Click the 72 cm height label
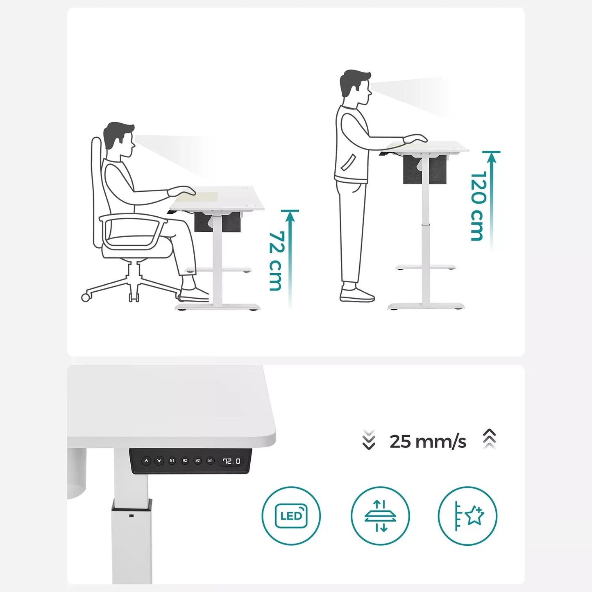[275, 261]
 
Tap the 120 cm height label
[478, 206]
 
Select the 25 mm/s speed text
[428, 442]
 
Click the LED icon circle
[291, 515]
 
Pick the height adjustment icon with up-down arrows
[380, 515]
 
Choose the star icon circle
[467, 515]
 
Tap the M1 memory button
[172, 461]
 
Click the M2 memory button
[185, 461]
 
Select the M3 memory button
[197, 461]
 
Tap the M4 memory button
[210, 461]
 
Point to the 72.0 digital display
[231, 461]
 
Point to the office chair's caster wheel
[86, 297]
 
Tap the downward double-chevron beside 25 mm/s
[369, 440]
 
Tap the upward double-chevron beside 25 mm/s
[490, 439]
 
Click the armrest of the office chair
[133, 219]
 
